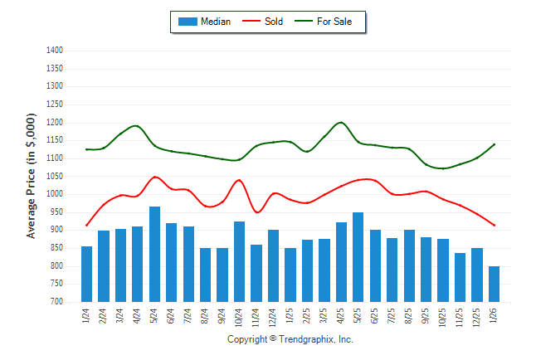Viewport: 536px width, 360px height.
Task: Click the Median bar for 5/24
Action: (154, 254)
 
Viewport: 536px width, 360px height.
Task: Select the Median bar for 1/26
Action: (494, 284)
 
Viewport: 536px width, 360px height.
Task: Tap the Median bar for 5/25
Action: (358, 257)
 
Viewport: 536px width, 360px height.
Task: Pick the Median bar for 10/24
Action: (240, 261)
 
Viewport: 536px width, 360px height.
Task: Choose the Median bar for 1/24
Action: (87, 274)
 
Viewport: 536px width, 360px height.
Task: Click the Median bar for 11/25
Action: (460, 277)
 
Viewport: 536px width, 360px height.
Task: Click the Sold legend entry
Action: (273, 22)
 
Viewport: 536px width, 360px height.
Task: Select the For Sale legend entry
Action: (334, 22)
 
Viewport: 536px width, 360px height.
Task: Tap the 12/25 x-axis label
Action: (477, 318)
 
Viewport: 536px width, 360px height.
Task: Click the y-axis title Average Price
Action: (32, 177)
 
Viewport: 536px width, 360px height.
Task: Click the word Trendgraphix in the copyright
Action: (305, 339)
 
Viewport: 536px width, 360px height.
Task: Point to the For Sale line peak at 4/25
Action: (341, 123)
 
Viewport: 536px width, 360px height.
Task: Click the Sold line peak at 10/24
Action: (240, 180)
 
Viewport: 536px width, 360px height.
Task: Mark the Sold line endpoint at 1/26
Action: (494, 225)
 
